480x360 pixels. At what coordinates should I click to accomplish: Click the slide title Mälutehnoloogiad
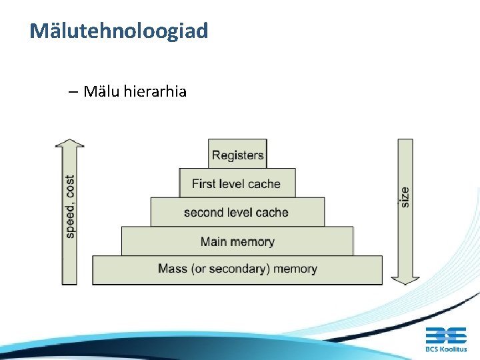(x=119, y=31)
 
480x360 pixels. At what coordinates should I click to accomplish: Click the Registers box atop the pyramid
(x=237, y=155)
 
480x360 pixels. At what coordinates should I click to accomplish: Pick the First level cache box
(x=237, y=183)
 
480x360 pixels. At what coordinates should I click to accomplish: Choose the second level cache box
(x=237, y=213)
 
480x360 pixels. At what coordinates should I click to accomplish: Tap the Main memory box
(x=237, y=241)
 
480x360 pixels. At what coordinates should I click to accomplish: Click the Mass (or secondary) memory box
(x=237, y=269)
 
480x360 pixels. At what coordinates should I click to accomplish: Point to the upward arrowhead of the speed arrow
(x=69, y=143)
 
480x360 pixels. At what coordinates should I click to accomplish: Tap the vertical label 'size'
(x=405, y=197)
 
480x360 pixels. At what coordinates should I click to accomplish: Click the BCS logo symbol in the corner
(x=446, y=335)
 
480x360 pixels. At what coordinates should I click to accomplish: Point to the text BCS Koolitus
(x=446, y=349)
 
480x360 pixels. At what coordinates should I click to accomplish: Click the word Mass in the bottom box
(x=173, y=269)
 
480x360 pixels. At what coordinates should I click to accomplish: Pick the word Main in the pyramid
(x=213, y=241)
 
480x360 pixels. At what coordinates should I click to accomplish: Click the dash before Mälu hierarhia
(x=73, y=91)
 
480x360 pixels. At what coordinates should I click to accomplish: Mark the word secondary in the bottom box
(x=235, y=269)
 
